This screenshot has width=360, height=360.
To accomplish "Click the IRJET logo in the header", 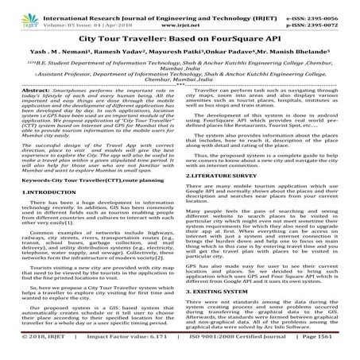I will [x=17, y=13].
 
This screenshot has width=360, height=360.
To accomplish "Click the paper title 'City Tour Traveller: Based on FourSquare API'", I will [x=180, y=38].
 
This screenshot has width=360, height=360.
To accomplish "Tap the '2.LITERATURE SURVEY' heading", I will [x=226, y=195].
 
